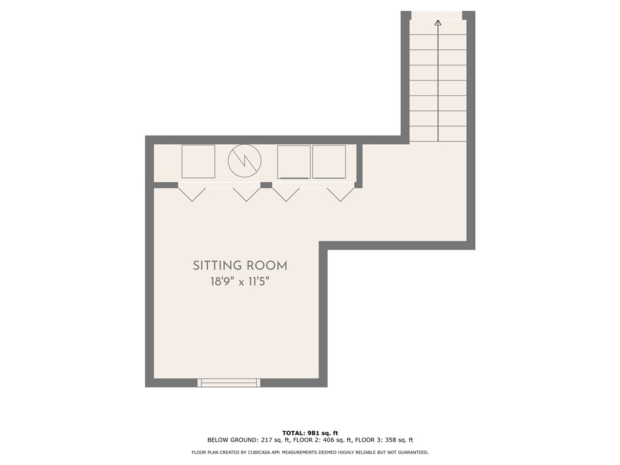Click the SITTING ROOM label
240,265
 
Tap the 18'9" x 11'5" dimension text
240,282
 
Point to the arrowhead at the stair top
438,24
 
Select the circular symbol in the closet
245,160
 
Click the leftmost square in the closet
199,162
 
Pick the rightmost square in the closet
329,162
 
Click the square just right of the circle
294,162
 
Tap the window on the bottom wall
229,382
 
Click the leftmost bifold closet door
192,193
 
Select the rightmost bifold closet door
340,193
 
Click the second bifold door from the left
246,193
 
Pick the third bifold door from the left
286,193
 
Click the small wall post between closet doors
266,185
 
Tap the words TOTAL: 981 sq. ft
310,433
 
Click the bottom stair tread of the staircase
438,134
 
